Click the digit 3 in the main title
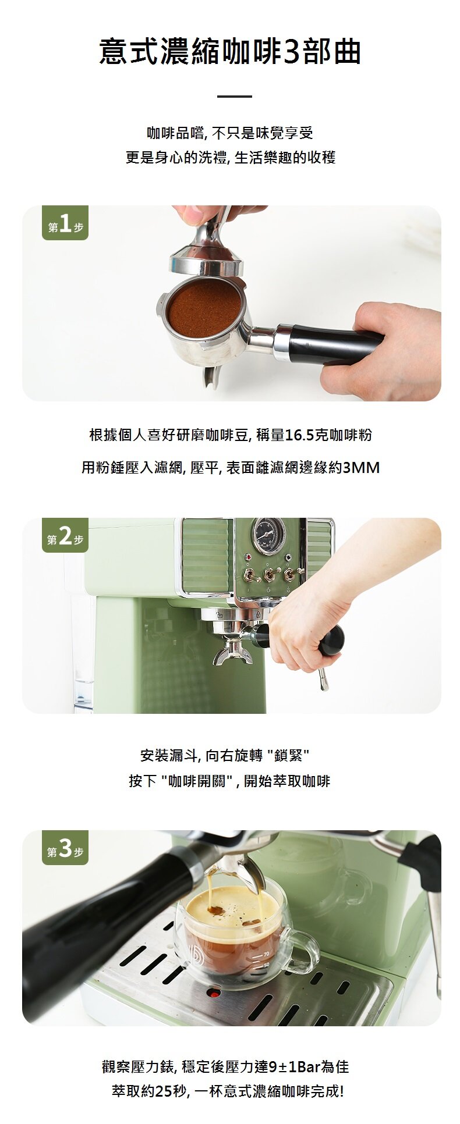tap(292, 52)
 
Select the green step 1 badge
tap(65, 224)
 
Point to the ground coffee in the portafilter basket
tap(204, 308)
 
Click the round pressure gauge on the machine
tap(268, 535)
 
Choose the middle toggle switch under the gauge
tap(269, 575)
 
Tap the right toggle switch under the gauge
tap(289, 574)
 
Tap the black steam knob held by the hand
tap(331, 641)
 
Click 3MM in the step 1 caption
tap(361, 467)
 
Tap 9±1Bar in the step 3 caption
tap(293, 1066)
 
